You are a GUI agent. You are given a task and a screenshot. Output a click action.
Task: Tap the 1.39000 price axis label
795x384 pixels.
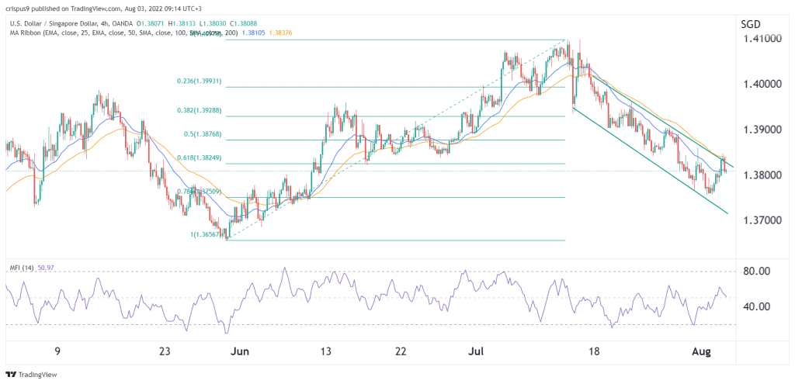(760, 130)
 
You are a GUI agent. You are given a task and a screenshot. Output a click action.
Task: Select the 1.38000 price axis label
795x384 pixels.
(760, 175)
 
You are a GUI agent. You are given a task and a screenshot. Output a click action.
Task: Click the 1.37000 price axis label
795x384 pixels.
(760, 221)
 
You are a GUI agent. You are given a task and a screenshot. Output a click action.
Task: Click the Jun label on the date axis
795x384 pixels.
(240, 351)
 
